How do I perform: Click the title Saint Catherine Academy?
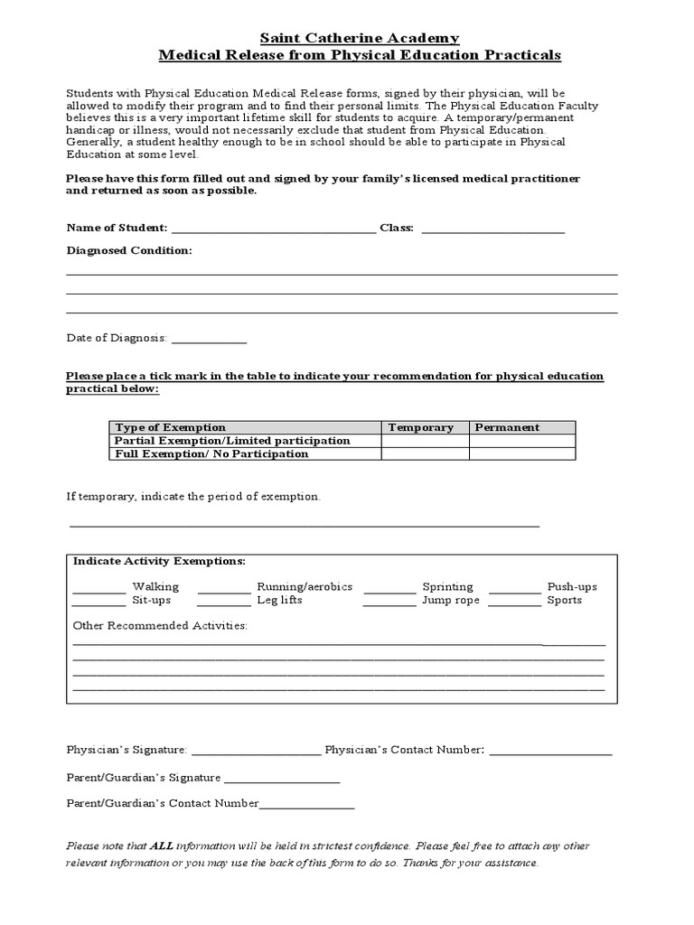[x=360, y=37]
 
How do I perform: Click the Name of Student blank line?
[x=273, y=232]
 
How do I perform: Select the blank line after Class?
[x=492, y=232]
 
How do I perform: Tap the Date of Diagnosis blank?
[x=209, y=342]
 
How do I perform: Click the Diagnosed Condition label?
[x=129, y=250]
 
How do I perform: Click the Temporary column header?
[x=420, y=427]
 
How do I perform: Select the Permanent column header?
[x=507, y=427]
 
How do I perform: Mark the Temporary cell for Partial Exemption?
[x=424, y=441]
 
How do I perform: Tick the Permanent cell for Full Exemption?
[x=521, y=454]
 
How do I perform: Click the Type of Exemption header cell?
[x=171, y=427]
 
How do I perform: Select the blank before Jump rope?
[x=389, y=604]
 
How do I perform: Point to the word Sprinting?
[x=447, y=587]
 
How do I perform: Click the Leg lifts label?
[x=279, y=601]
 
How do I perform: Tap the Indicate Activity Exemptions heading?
[x=159, y=561]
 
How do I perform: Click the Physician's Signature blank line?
[x=256, y=753]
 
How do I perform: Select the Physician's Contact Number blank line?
[x=550, y=753]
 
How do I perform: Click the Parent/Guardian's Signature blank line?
[x=282, y=781]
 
